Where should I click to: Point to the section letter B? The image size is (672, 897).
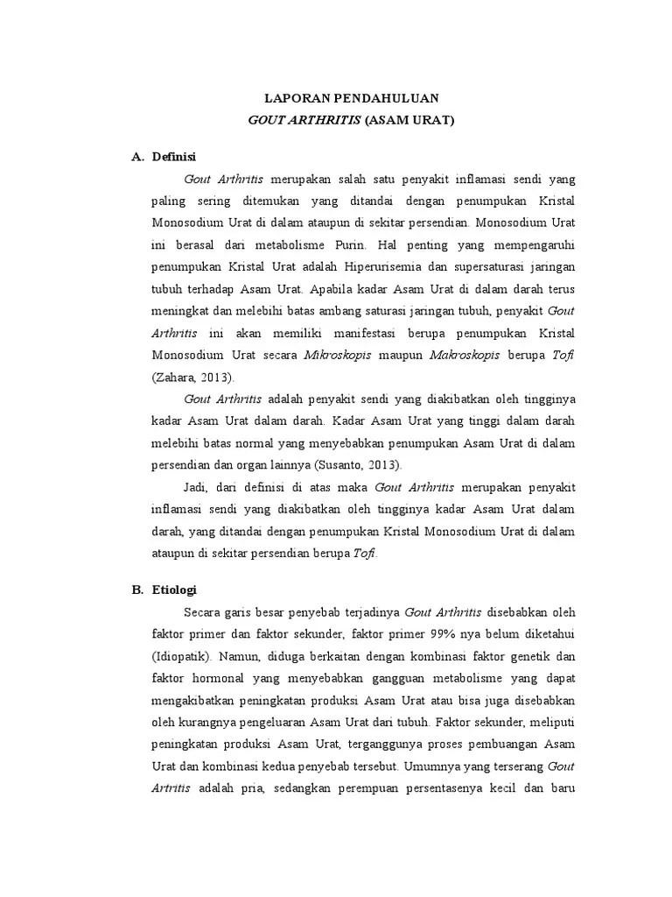tap(137, 589)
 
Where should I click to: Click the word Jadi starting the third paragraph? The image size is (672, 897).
tap(197, 487)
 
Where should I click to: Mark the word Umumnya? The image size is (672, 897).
tap(428, 766)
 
